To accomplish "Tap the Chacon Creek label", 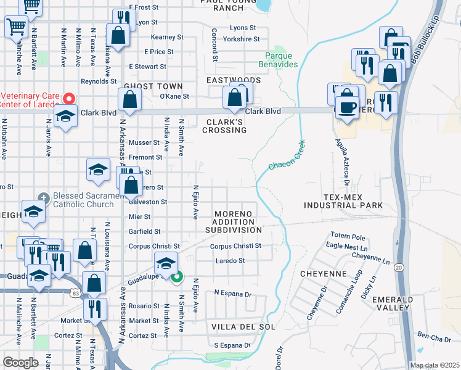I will [x=287, y=158].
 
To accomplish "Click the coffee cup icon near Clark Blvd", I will [x=348, y=107].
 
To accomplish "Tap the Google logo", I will [x=20, y=363].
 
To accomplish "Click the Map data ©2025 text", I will [x=434, y=365].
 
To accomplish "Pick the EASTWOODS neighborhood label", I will [x=234, y=80].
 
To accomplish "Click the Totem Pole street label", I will [x=348, y=236].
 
